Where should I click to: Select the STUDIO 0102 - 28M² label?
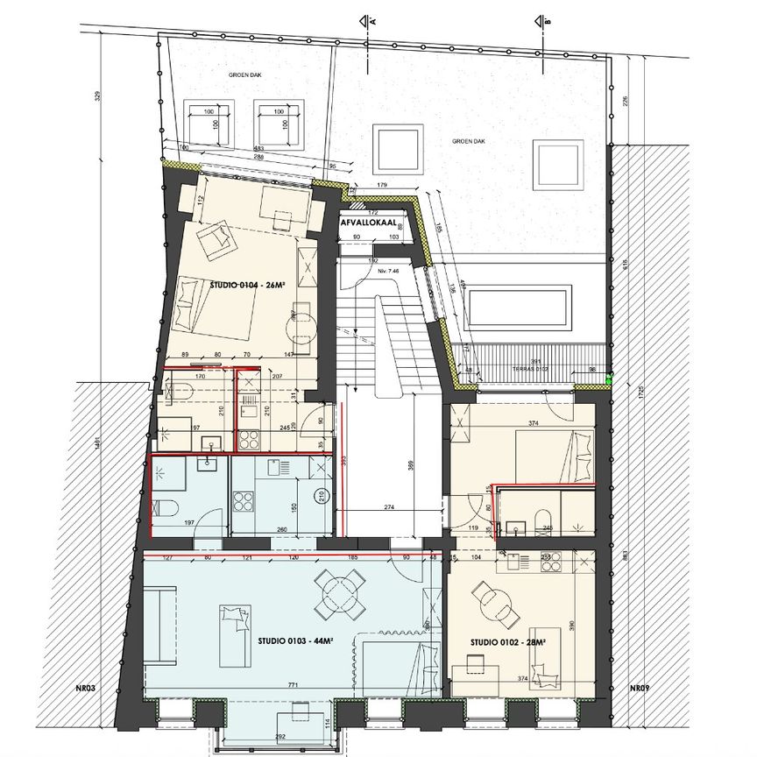point(508,643)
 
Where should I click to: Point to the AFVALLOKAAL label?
point(368,223)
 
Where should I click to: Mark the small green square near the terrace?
point(609,380)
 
